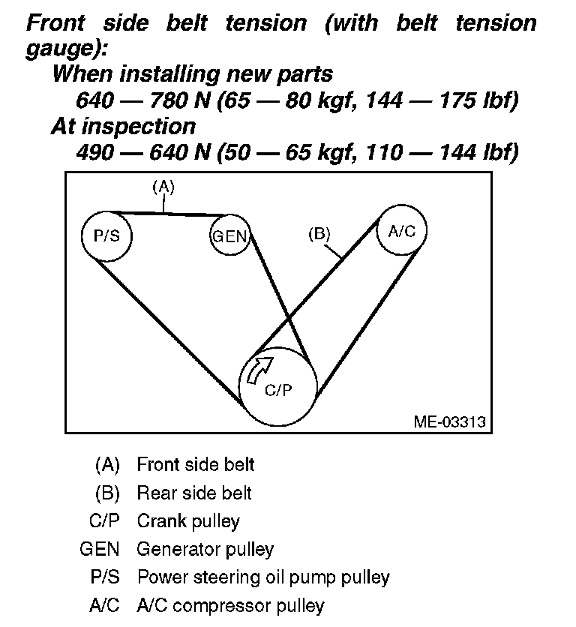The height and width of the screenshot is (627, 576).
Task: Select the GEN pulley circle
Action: [229, 235]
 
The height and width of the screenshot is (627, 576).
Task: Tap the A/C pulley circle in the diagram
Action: [401, 230]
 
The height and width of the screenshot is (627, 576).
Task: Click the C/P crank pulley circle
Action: [277, 386]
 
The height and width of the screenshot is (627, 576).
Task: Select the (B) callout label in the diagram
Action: [319, 233]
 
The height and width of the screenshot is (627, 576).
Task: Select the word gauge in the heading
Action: [64, 48]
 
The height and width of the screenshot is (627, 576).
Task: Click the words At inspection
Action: [123, 125]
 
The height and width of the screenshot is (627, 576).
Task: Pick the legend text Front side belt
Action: [195, 464]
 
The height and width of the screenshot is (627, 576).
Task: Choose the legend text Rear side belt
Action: [193, 493]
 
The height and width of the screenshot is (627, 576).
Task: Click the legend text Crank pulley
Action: [188, 520]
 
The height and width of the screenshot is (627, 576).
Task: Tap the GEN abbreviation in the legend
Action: [100, 549]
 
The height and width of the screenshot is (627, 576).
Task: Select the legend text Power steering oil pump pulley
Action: [263, 577]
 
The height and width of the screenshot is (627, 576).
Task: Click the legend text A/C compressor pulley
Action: [230, 605]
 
